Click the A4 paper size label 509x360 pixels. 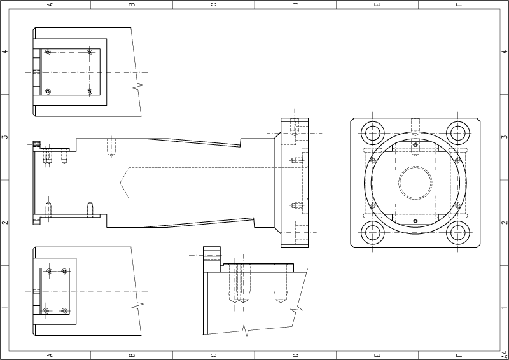pyautogui.click(x=505, y=354)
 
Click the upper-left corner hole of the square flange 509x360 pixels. pyautogui.click(x=373, y=133)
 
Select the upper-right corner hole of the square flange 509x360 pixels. pyautogui.click(x=458, y=133)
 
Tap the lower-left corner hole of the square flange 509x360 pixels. pyautogui.click(x=373, y=232)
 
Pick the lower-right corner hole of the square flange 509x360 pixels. pyautogui.click(x=458, y=232)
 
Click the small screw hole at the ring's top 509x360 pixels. pyautogui.click(x=415, y=144)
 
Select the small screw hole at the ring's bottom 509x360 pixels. pyautogui.click(x=415, y=221)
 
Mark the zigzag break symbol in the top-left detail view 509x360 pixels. pyautogui.click(x=137, y=86)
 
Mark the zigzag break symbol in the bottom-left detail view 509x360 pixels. pyautogui.click(x=137, y=305)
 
